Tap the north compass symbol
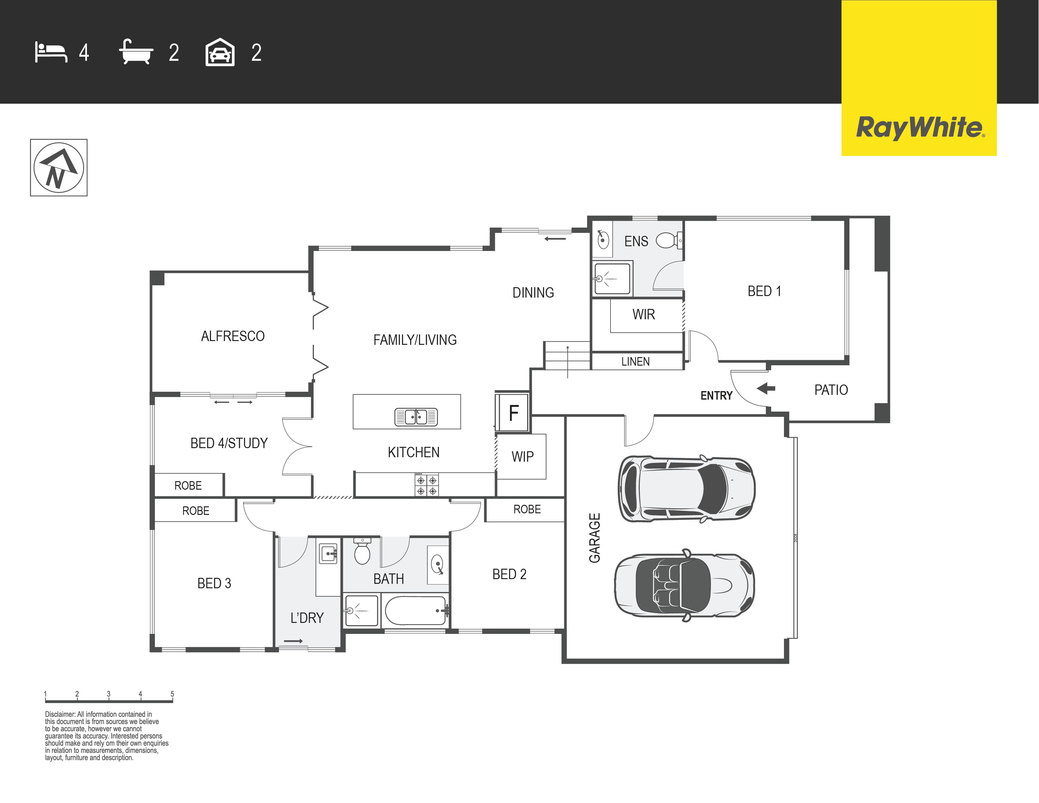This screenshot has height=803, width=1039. [x=59, y=168]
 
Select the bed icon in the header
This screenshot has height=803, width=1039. [x=51, y=52]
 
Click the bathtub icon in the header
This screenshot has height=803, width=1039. [x=136, y=52]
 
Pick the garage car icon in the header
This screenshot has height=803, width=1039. [x=220, y=52]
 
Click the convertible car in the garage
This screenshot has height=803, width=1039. [x=684, y=585]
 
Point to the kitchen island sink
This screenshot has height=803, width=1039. [x=416, y=417]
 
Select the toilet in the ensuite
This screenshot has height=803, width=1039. [x=669, y=240]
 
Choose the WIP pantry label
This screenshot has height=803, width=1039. [x=522, y=457]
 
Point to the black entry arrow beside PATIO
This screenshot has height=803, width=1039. [x=766, y=388]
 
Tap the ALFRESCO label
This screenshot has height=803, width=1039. [x=233, y=336]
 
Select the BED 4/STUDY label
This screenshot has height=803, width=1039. [x=229, y=443]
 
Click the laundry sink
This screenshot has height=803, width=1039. [x=329, y=554]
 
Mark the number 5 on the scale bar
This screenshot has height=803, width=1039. [x=172, y=694]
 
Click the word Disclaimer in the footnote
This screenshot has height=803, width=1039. [x=60, y=714]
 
